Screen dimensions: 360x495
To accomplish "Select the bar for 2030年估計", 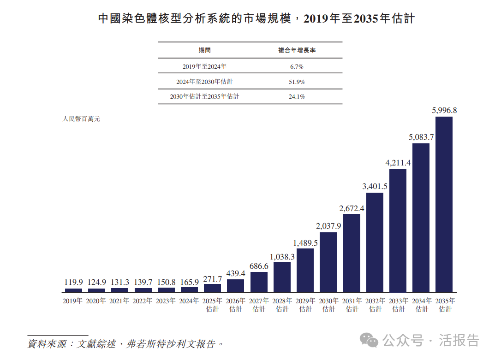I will coord(328,262).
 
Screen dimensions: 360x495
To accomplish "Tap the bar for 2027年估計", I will coord(259,282).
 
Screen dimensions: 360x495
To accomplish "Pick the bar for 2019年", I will coord(73,290).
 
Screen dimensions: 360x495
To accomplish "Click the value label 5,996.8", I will coord(444,111).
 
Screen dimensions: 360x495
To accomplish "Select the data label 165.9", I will coord(189,282).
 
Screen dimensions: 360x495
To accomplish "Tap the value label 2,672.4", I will coord(352,208).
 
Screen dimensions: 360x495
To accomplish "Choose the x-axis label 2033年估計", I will coord(398,305).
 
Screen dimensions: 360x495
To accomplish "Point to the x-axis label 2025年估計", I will coord(212,305).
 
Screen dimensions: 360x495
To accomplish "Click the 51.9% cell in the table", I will coord(297,82).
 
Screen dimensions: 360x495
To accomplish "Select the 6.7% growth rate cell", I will coord(297,66).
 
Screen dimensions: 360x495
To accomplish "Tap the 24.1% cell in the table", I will coord(297,97).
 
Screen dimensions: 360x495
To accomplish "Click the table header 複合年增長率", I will coord(297,50).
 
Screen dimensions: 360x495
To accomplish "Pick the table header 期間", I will coord(204,50).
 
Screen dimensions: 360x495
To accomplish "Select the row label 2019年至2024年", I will coord(204,66).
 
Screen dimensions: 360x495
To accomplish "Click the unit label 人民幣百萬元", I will coord(81,119).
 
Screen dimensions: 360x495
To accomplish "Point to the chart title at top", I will coord(256,19).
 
